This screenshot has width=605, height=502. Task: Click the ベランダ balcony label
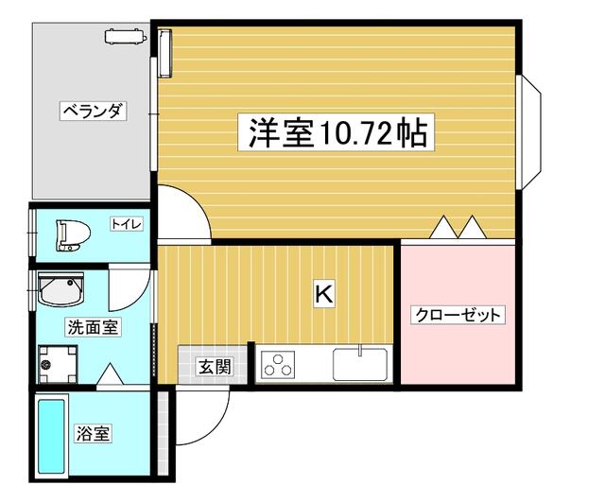click(x=94, y=112)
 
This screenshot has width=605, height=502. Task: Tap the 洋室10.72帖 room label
click(x=337, y=132)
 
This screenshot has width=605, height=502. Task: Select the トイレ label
click(x=127, y=224)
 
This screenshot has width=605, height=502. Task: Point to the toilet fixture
click(x=73, y=235)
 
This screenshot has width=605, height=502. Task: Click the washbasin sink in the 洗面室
click(x=60, y=290)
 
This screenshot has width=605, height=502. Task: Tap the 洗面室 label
click(x=93, y=328)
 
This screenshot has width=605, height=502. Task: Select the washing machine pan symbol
click(x=58, y=364)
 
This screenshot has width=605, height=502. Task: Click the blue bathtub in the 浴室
click(x=51, y=436)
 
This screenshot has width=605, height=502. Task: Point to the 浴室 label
click(x=93, y=433)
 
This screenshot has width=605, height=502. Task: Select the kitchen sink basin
click(x=360, y=364)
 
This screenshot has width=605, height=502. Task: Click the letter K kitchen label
click(x=324, y=295)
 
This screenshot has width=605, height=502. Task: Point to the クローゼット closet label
click(x=458, y=315)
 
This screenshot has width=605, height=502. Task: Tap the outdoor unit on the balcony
click(x=126, y=36)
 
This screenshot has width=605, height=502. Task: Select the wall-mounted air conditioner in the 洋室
click(x=164, y=54)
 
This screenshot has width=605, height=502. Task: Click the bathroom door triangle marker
click(x=110, y=373)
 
